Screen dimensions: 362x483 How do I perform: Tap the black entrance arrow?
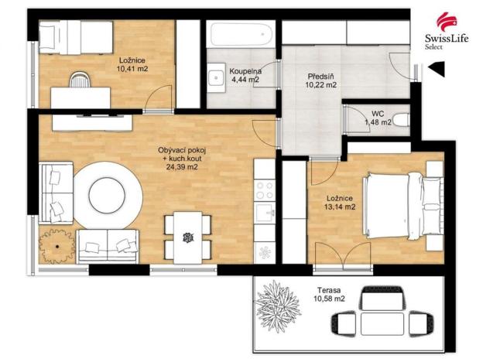pyautogui.click(x=436, y=71)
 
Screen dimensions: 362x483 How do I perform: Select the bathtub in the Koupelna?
pyautogui.click(x=239, y=35)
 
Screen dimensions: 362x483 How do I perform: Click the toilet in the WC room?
pyautogui.click(x=399, y=120)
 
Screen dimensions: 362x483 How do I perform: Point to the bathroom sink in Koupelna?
pyautogui.click(x=214, y=77)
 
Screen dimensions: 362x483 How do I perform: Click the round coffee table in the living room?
pyautogui.click(x=113, y=195)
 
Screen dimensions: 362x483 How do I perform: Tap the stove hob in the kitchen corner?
pyautogui.click(x=265, y=190)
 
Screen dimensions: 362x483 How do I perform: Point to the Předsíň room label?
pyautogui.click(x=320, y=77)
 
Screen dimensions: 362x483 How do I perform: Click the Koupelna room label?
pyautogui.click(x=245, y=72)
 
